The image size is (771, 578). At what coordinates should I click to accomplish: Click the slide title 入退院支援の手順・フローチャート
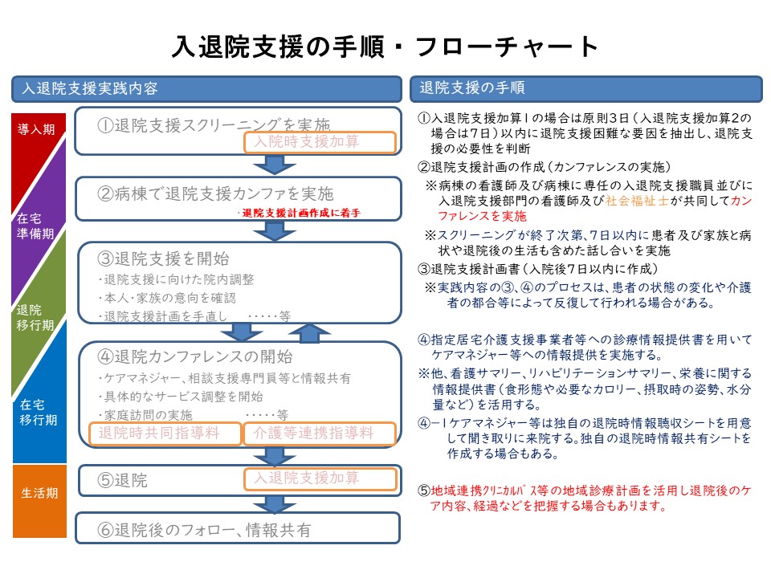pyautogui.click(x=385, y=47)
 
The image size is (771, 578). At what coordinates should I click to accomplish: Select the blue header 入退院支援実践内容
pyautogui.click(x=206, y=89)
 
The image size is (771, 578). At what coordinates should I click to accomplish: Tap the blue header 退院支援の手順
pyautogui.click(x=585, y=88)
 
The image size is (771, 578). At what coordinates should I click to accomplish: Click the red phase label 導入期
pyautogui.click(x=36, y=129)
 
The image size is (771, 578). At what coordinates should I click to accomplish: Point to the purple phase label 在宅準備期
pyautogui.click(x=35, y=226)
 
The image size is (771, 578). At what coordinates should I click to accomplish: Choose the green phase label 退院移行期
pyautogui.click(x=35, y=318)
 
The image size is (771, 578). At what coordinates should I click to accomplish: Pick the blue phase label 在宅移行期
pyautogui.click(x=39, y=413)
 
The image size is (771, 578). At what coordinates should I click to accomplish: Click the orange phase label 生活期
pyautogui.click(x=39, y=493)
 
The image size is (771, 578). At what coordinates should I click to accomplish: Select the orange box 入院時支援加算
pyautogui.click(x=320, y=142)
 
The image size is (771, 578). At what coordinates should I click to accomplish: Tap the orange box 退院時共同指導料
pyautogui.click(x=165, y=433)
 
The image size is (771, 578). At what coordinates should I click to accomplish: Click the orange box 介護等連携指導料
pyautogui.click(x=320, y=433)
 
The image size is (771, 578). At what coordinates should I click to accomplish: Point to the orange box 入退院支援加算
pyautogui.click(x=320, y=478)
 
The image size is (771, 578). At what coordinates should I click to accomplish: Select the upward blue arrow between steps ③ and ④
pyautogui.click(x=308, y=332)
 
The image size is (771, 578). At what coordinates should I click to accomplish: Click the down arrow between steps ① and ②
pyautogui.click(x=275, y=165)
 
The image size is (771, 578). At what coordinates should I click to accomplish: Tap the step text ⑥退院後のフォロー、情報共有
pyautogui.click(x=204, y=530)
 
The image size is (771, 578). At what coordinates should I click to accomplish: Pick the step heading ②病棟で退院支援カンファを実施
pyautogui.click(x=215, y=193)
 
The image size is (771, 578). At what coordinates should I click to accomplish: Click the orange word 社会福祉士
pyautogui.click(x=637, y=201)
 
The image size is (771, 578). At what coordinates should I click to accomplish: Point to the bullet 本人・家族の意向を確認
pyautogui.click(x=167, y=298)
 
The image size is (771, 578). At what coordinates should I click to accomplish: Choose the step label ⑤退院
pyautogui.click(x=122, y=480)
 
